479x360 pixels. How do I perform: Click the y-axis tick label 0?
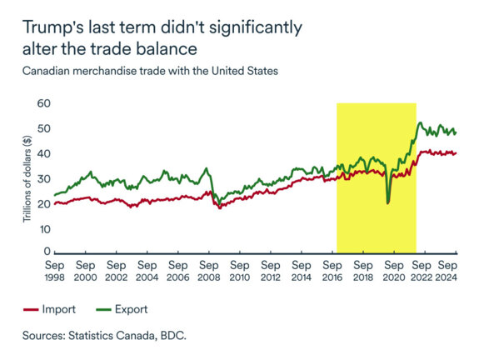coord(46,252)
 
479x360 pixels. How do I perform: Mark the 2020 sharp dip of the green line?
coord(387,202)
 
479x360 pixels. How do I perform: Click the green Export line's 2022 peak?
coord(421,123)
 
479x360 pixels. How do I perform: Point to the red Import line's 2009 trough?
coord(219,207)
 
